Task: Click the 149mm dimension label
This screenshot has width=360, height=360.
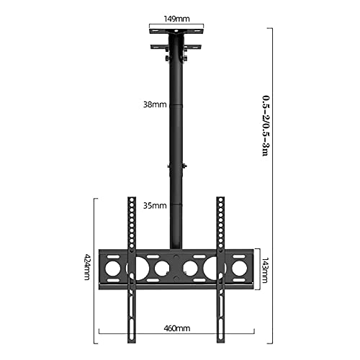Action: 176,19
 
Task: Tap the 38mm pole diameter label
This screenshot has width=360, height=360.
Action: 155,104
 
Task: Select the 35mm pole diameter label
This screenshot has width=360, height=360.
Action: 155,206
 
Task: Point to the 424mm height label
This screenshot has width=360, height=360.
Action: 87,266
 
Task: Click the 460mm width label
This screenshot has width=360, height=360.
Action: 177,328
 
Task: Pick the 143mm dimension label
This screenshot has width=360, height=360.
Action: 264,270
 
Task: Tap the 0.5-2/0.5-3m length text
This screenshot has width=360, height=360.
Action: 266,125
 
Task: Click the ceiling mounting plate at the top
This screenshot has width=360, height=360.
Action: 176,32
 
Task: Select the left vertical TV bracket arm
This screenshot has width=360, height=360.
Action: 132,270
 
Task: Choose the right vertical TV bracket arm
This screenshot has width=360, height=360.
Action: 220,270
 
